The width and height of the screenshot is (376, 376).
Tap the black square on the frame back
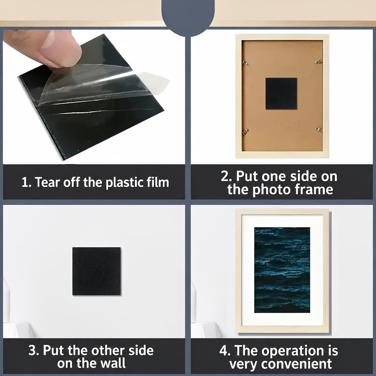(281, 94)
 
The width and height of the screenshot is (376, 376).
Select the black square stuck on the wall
(96, 271)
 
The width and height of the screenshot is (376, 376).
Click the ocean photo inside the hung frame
(282, 270)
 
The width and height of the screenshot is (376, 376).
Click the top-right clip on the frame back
(319, 62)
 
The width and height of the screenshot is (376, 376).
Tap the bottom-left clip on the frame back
(245, 132)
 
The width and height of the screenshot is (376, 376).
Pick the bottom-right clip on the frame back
(319, 129)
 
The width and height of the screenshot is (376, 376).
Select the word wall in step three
(113, 363)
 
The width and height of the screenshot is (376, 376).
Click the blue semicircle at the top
(188, 16)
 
